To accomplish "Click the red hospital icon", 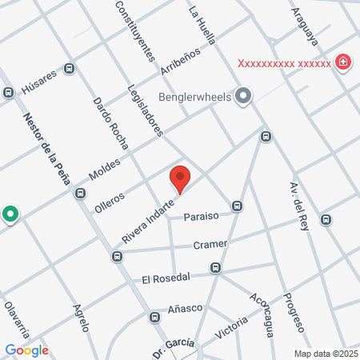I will click(343, 62).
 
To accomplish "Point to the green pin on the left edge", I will click(10, 214).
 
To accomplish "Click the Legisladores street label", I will click(145, 110).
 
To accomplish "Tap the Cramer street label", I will click(210, 244).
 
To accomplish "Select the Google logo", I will click(26, 350).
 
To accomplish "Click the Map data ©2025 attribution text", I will click(326, 354).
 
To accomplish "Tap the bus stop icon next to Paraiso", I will click(237, 206).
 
